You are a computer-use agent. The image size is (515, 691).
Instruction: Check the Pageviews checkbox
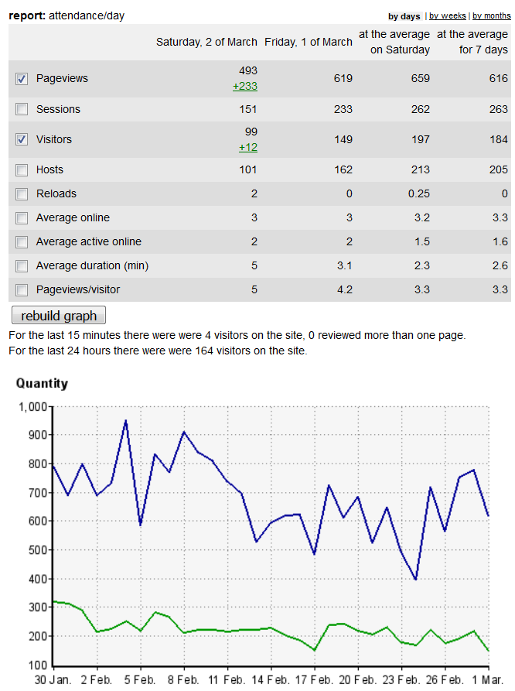pos(22,79)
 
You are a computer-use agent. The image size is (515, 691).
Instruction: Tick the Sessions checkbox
pos(22,109)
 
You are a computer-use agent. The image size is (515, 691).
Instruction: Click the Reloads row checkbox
pos(22,193)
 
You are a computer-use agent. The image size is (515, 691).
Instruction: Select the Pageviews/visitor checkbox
pos(22,289)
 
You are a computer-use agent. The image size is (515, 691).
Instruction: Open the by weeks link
pos(448,15)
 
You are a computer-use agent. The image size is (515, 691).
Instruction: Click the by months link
pos(492,15)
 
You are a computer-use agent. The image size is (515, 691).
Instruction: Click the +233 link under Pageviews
pos(245,87)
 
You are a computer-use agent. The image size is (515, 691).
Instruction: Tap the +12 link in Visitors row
pos(247,147)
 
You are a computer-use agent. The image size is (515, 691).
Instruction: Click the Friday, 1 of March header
pos(309,42)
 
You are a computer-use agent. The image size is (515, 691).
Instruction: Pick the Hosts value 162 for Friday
pos(342,169)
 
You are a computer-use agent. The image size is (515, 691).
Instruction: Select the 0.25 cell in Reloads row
pos(418,193)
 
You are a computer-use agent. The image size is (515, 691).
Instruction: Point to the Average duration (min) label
pos(92,265)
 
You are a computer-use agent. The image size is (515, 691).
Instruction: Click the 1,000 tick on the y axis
pos(32,406)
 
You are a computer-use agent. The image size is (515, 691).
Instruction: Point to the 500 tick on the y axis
pos(37,550)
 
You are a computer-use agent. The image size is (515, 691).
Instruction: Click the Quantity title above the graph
pos(42,383)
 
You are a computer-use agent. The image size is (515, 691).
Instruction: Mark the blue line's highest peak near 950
pos(125,421)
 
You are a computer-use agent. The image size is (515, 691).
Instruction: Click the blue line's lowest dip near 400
pos(416,579)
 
